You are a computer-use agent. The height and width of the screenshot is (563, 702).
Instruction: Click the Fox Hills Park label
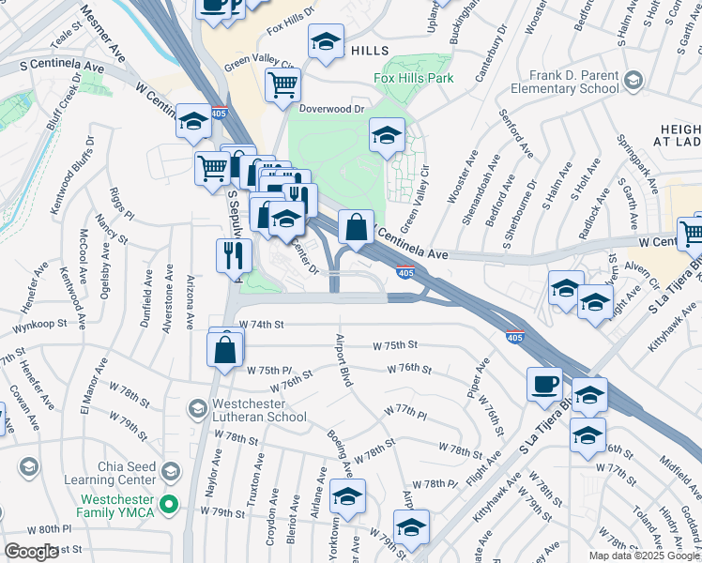tap(414, 78)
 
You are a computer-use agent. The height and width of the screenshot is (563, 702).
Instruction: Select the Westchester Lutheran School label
tap(247, 410)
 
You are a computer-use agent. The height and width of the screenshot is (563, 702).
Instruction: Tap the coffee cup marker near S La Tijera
tap(544, 384)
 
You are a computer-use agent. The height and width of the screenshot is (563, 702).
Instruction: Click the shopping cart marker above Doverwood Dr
tap(282, 84)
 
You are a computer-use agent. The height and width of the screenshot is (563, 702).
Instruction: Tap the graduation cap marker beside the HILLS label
tap(326, 42)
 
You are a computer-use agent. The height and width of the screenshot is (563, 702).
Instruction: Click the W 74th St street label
tap(261, 324)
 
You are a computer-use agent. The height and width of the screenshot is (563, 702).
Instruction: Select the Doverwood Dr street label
tap(331, 109)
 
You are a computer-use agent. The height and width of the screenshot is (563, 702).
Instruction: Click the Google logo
tap(31, 552)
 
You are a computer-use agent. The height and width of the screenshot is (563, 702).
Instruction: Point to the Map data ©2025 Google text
tap(643, 555)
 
